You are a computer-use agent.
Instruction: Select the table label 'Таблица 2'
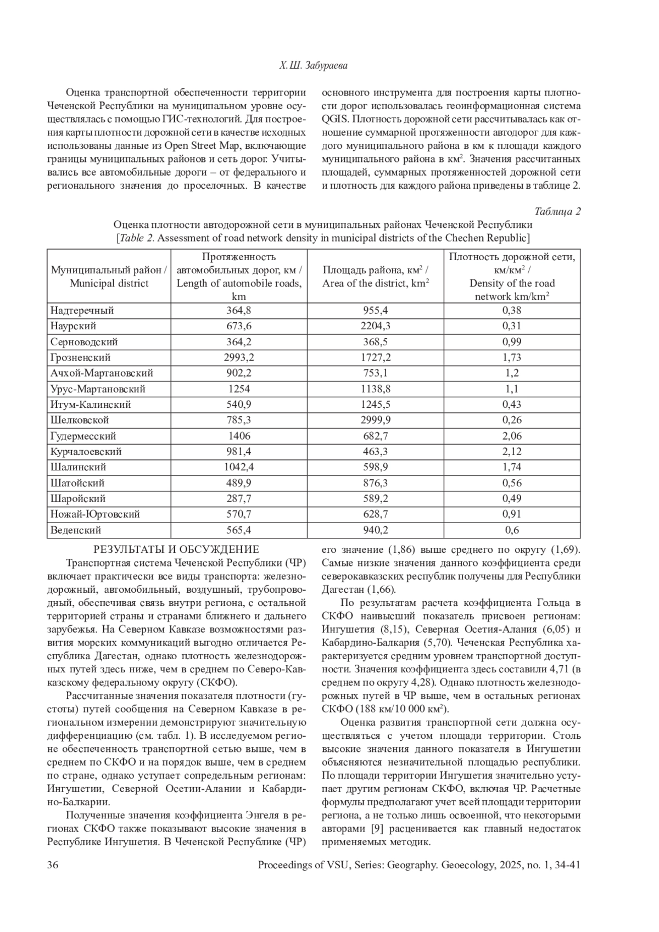[557, 212]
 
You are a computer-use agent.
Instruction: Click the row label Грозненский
[80, 357]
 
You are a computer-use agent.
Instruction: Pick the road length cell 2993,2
[239, 357]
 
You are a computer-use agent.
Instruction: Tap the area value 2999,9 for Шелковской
[375, 420]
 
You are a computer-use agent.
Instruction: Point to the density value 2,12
[512, 452]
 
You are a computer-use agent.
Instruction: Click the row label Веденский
[76, 530]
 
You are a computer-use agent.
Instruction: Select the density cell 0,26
[512, 420]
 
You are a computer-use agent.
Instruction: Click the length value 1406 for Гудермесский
[239, 436]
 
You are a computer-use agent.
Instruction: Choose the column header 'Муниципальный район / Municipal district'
[109, 277]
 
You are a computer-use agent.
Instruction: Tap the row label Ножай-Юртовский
[95, 514]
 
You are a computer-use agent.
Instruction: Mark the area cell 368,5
[375, 341]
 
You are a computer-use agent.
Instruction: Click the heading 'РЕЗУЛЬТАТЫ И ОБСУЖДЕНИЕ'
[176, 549]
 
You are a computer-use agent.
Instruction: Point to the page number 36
[53, 866]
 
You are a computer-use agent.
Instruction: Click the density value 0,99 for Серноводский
[512, 341]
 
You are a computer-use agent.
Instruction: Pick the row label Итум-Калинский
[91, 405]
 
